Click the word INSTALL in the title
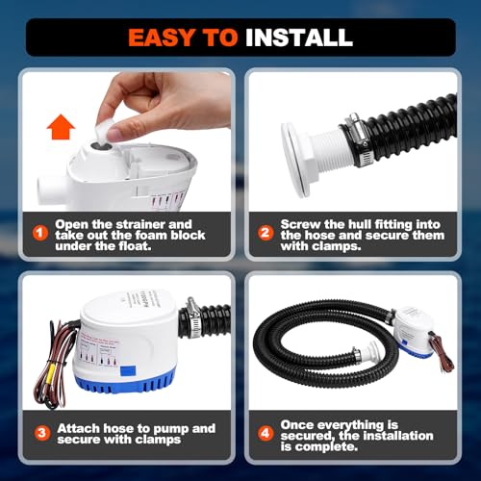(x=298, y=38)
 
